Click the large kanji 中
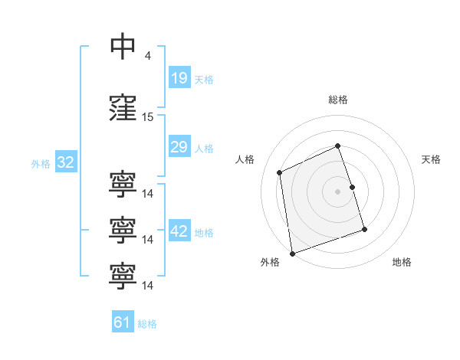(123, 46)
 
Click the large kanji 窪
(123, 107)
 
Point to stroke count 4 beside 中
(147, 55)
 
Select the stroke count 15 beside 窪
(147, 117)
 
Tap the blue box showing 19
(179, 77)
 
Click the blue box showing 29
(179, 146)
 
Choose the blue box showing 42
(179, 230)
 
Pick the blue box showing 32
(66, 162)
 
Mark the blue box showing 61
(123, 321)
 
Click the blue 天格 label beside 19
(204, 80)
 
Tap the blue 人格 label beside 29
(204, 149)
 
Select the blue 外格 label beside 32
(41, 164)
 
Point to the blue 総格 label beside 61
(147, 324)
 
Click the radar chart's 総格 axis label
(338, 100)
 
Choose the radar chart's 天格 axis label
(431, 159)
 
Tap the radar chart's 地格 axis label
(402, 262)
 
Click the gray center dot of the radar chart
(337, 191)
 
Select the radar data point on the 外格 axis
(292, 254)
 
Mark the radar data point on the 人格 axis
(279, 172)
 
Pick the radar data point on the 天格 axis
(353, 187)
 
